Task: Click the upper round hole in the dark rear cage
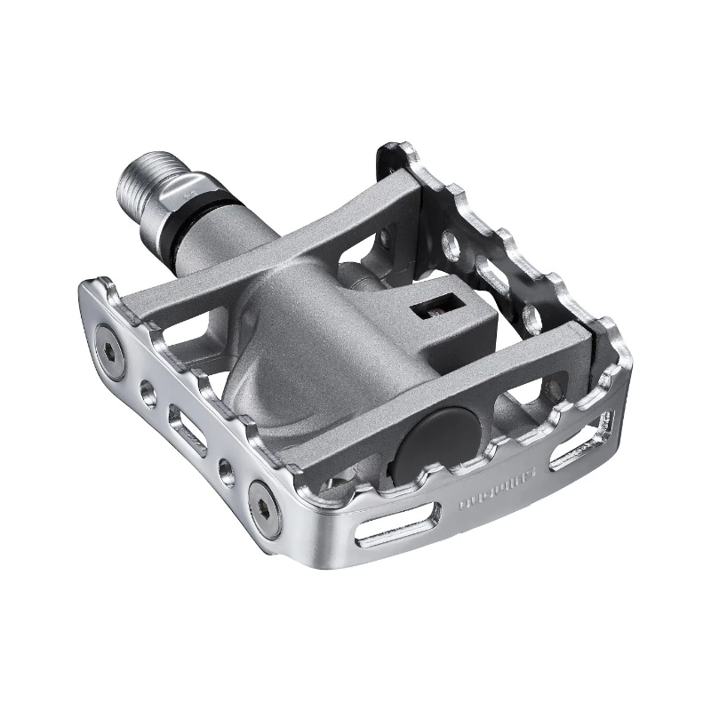450,243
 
